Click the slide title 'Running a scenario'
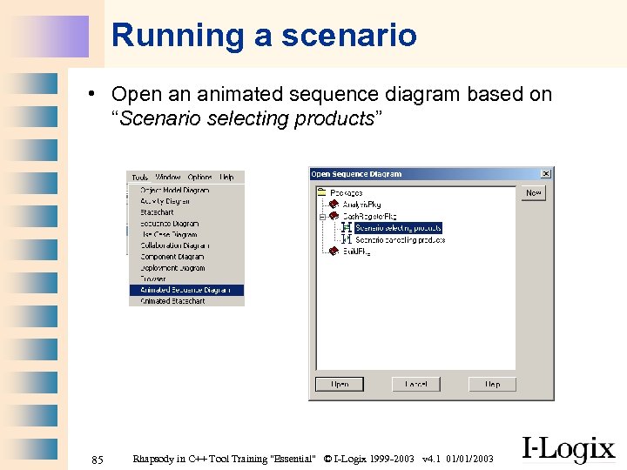point(264,36)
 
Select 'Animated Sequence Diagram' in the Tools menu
point(185,290)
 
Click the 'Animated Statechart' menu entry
point(172,301)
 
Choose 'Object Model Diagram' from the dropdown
point(174,190)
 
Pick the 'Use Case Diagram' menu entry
point(169,234)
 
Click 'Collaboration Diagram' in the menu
point(175,245)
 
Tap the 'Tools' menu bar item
point(139,178)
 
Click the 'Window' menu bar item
point(168,178)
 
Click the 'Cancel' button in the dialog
point(416,384)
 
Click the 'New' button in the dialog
point(533,192)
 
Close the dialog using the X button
point(546,174)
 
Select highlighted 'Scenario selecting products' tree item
point(398,228)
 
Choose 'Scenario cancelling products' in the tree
point(400,239)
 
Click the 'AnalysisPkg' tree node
point(362,205)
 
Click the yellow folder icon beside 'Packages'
point(320,192)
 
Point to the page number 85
point(98,459)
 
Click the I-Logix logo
point(568,448)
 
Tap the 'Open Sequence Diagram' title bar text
point(357,174)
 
